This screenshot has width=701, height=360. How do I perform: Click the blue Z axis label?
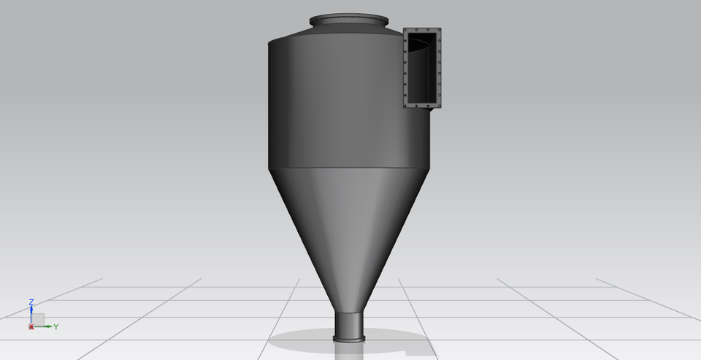[31, 302]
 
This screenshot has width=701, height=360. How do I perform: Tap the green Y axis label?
[55, 326]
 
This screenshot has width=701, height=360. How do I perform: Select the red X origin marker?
[31, 326]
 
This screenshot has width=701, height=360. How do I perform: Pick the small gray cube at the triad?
[38, 319]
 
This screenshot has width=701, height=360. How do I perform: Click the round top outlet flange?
[348, 21]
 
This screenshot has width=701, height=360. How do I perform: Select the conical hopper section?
[343, 226]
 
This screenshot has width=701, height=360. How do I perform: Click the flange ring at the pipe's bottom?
[348, 337]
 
